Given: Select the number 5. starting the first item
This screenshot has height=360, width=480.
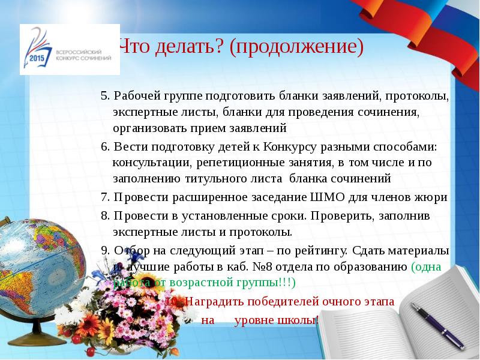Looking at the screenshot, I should coord(105,96).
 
